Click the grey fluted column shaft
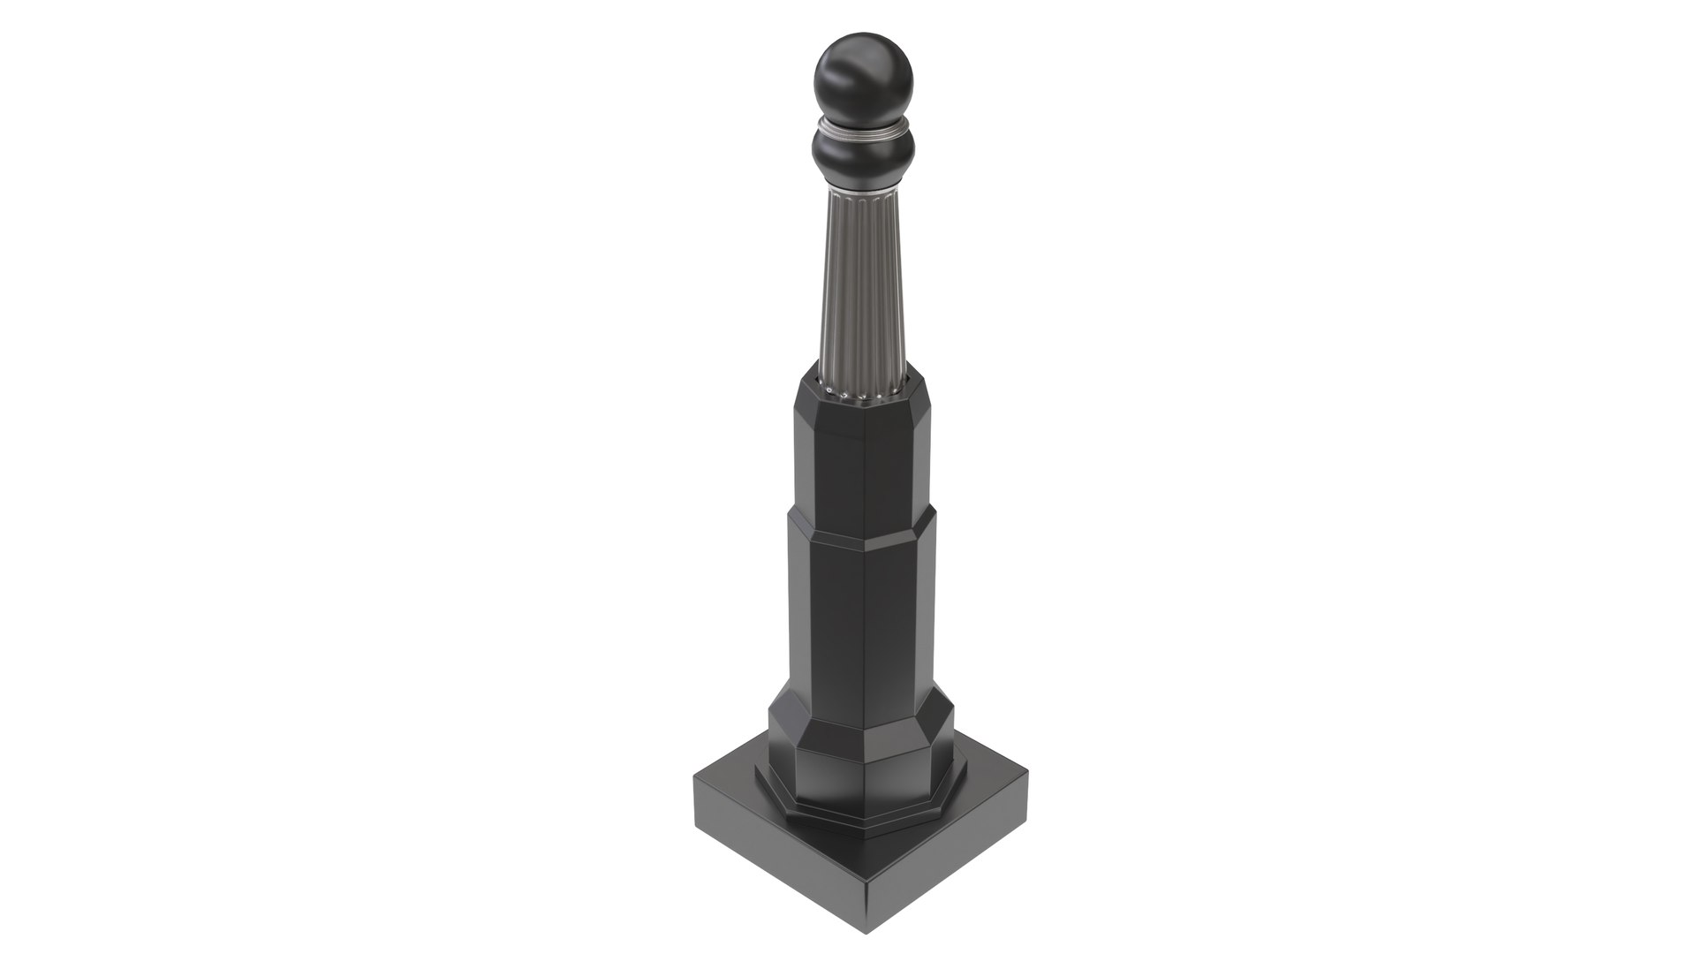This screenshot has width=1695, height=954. pos(861,283)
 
